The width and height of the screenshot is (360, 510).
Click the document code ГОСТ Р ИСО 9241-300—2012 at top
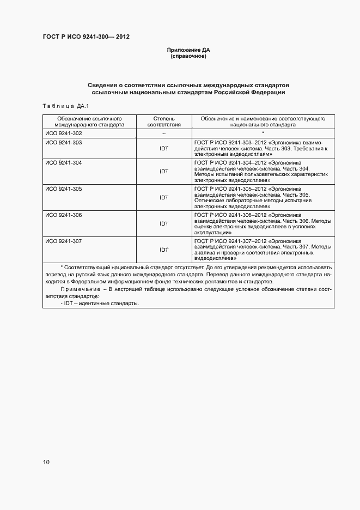point(86,37)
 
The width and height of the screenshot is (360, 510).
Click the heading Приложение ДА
point(188,50)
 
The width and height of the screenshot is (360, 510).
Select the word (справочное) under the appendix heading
point(188,56)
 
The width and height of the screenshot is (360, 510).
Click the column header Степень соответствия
point(164,121)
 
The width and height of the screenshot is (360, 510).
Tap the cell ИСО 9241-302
point(64,133)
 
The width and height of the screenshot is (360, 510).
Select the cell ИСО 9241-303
point(64,142)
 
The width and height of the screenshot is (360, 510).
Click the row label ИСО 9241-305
point(64,189)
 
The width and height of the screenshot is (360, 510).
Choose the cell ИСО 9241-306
point(64,215)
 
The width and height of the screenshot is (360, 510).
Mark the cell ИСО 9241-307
point(64,240)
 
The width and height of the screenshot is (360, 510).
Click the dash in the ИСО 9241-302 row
point(164,133)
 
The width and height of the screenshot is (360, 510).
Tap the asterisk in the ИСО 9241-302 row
point(263,133)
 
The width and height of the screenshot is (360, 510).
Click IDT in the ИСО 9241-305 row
point(164,198)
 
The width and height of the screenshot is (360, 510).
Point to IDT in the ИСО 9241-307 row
point(164,250)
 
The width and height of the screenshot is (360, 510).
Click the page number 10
point(46,463)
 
